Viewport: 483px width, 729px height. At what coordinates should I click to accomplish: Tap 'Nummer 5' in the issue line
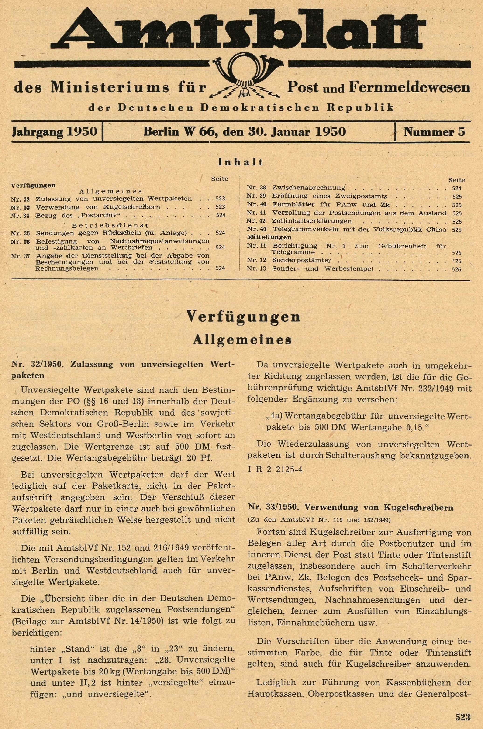tap(434, 132)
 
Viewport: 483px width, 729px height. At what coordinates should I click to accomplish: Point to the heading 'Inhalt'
tap(241, 162)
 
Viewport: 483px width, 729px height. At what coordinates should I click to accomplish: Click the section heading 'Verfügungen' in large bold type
tap(243, 317)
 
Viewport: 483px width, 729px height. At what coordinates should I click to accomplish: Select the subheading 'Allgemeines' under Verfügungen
tap(242, 340)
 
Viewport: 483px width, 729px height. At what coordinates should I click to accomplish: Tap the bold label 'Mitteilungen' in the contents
tap(269, 237)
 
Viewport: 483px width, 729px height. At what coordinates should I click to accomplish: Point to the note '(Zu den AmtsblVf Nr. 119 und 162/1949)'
tap(319, 520)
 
